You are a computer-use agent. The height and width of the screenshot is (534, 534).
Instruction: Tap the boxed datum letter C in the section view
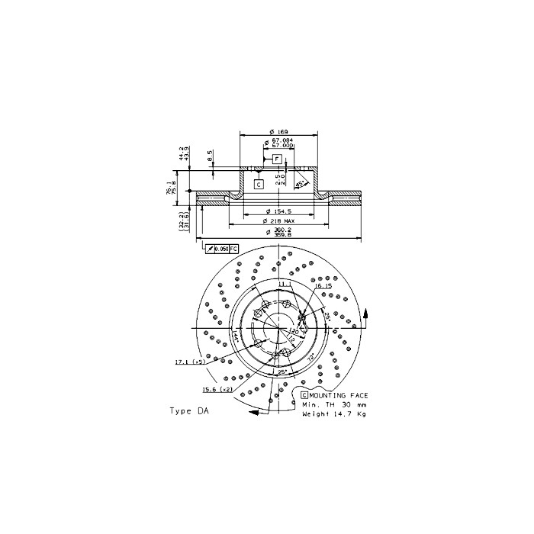pos(259,184)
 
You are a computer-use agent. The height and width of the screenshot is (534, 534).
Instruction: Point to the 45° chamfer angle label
pos(301,183)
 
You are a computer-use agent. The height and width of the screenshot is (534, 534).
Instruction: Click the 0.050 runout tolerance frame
pos(222,249)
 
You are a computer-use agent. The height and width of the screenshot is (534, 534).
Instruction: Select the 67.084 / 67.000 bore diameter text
pos(283,143)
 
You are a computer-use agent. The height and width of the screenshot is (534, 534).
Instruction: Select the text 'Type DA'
pos(188,410)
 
